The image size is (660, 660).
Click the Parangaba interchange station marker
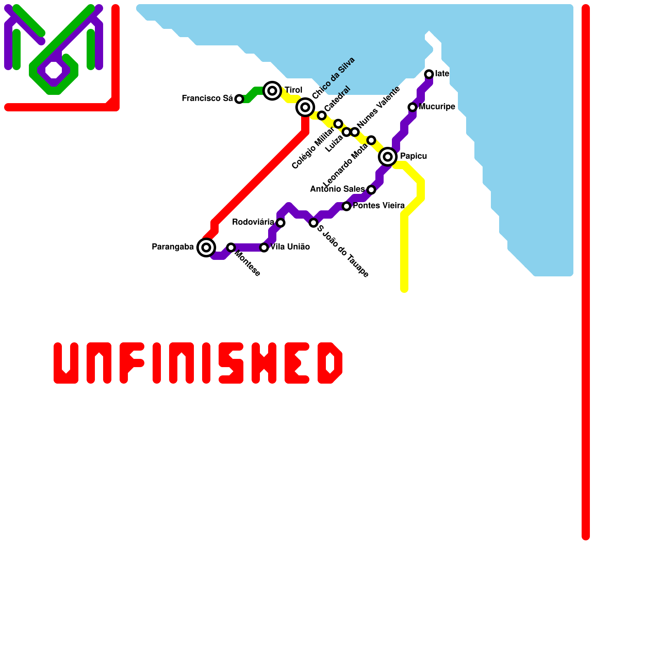click(206, 247)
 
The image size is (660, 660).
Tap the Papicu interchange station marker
click(388, 157)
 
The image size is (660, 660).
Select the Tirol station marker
click(272, 91)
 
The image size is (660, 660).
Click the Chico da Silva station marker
click(305, 107)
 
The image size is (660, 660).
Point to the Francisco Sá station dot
click(239, 99)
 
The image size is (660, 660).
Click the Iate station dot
click(429, 74)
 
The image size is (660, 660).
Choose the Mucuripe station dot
click(412, 107)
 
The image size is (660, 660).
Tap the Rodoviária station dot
click(280, 223)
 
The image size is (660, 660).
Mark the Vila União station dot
click(264, 247)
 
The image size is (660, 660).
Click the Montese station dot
click(231, 247)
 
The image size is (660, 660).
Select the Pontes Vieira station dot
click(346, 206)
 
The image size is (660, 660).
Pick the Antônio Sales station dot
click(371, 190)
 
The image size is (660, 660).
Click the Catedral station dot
click(322, 115)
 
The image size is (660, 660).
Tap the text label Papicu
click(413, 156)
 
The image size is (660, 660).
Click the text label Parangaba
click(173, 247)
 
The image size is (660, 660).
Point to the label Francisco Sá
click(207, 99)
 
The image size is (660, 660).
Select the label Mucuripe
click(437, 107)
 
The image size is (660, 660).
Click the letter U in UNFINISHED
click(66, 363)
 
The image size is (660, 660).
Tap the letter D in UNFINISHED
click(330, 363)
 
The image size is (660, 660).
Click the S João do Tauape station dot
click(313, 223)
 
